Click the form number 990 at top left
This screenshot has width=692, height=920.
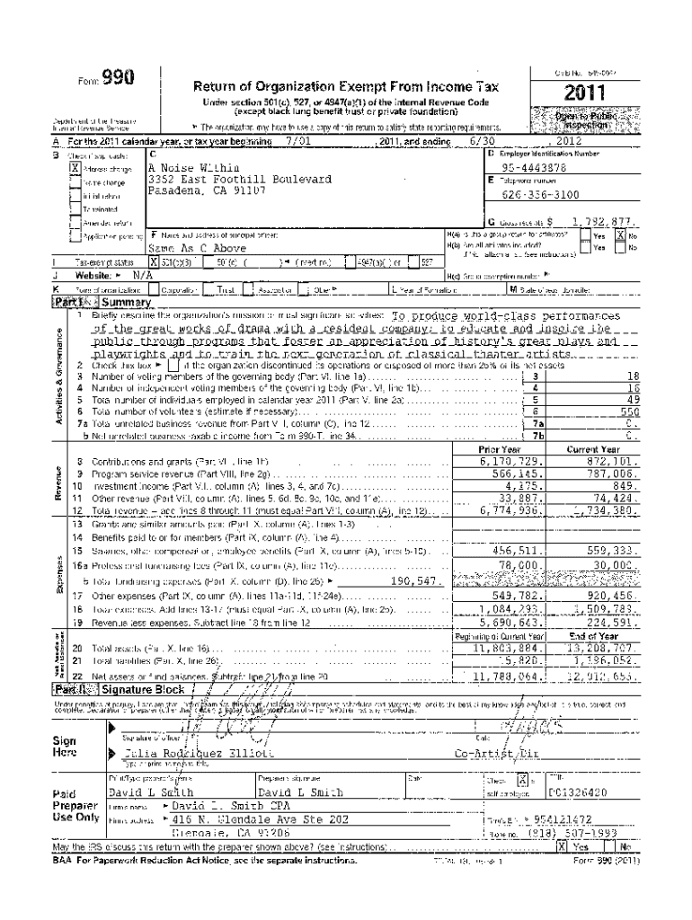point(118,78)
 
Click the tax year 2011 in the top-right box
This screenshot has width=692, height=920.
point(583,93)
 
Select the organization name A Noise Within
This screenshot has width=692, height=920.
point(189,168)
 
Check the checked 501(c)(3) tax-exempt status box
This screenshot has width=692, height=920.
point(155,263)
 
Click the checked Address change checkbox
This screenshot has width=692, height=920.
point(75,168)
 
